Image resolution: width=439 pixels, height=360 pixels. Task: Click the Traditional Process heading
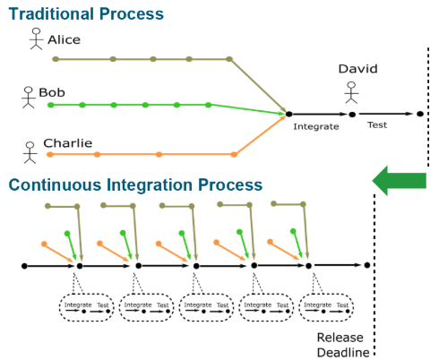click(86, 14)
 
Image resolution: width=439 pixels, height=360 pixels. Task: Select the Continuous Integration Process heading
click(135, 184)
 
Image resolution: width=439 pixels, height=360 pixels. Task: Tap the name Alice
click(65, 39)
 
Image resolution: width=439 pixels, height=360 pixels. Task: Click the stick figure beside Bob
click(29, 98)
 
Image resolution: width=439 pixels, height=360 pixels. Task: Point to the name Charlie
click(68, 143)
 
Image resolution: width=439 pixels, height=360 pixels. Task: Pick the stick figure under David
click(351, 92)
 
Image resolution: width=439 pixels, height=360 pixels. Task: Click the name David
click(358, 69)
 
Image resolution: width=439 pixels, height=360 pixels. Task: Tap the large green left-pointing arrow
click(400, 181)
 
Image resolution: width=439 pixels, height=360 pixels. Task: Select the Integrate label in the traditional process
click(316, 126)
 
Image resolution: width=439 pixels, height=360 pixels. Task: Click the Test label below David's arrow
click(377, 124)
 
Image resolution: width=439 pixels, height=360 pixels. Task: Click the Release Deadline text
click(343, 345)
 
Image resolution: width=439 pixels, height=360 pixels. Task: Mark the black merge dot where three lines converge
click(288, 114)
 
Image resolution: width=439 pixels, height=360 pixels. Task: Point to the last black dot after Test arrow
click(420, 114)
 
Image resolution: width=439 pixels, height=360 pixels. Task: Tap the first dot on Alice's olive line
click(56, 59)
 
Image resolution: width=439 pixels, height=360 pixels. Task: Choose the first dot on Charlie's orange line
click(50, 154)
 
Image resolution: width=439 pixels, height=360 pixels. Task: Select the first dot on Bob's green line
click(51, 105)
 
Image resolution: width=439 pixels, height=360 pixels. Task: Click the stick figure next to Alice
click(36, 39)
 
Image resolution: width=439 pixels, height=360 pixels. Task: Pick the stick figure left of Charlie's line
click(30, 152)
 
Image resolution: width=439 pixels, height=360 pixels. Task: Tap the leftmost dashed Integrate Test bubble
click(86, 307)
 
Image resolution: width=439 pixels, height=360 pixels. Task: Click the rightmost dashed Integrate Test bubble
click(326, 307)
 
